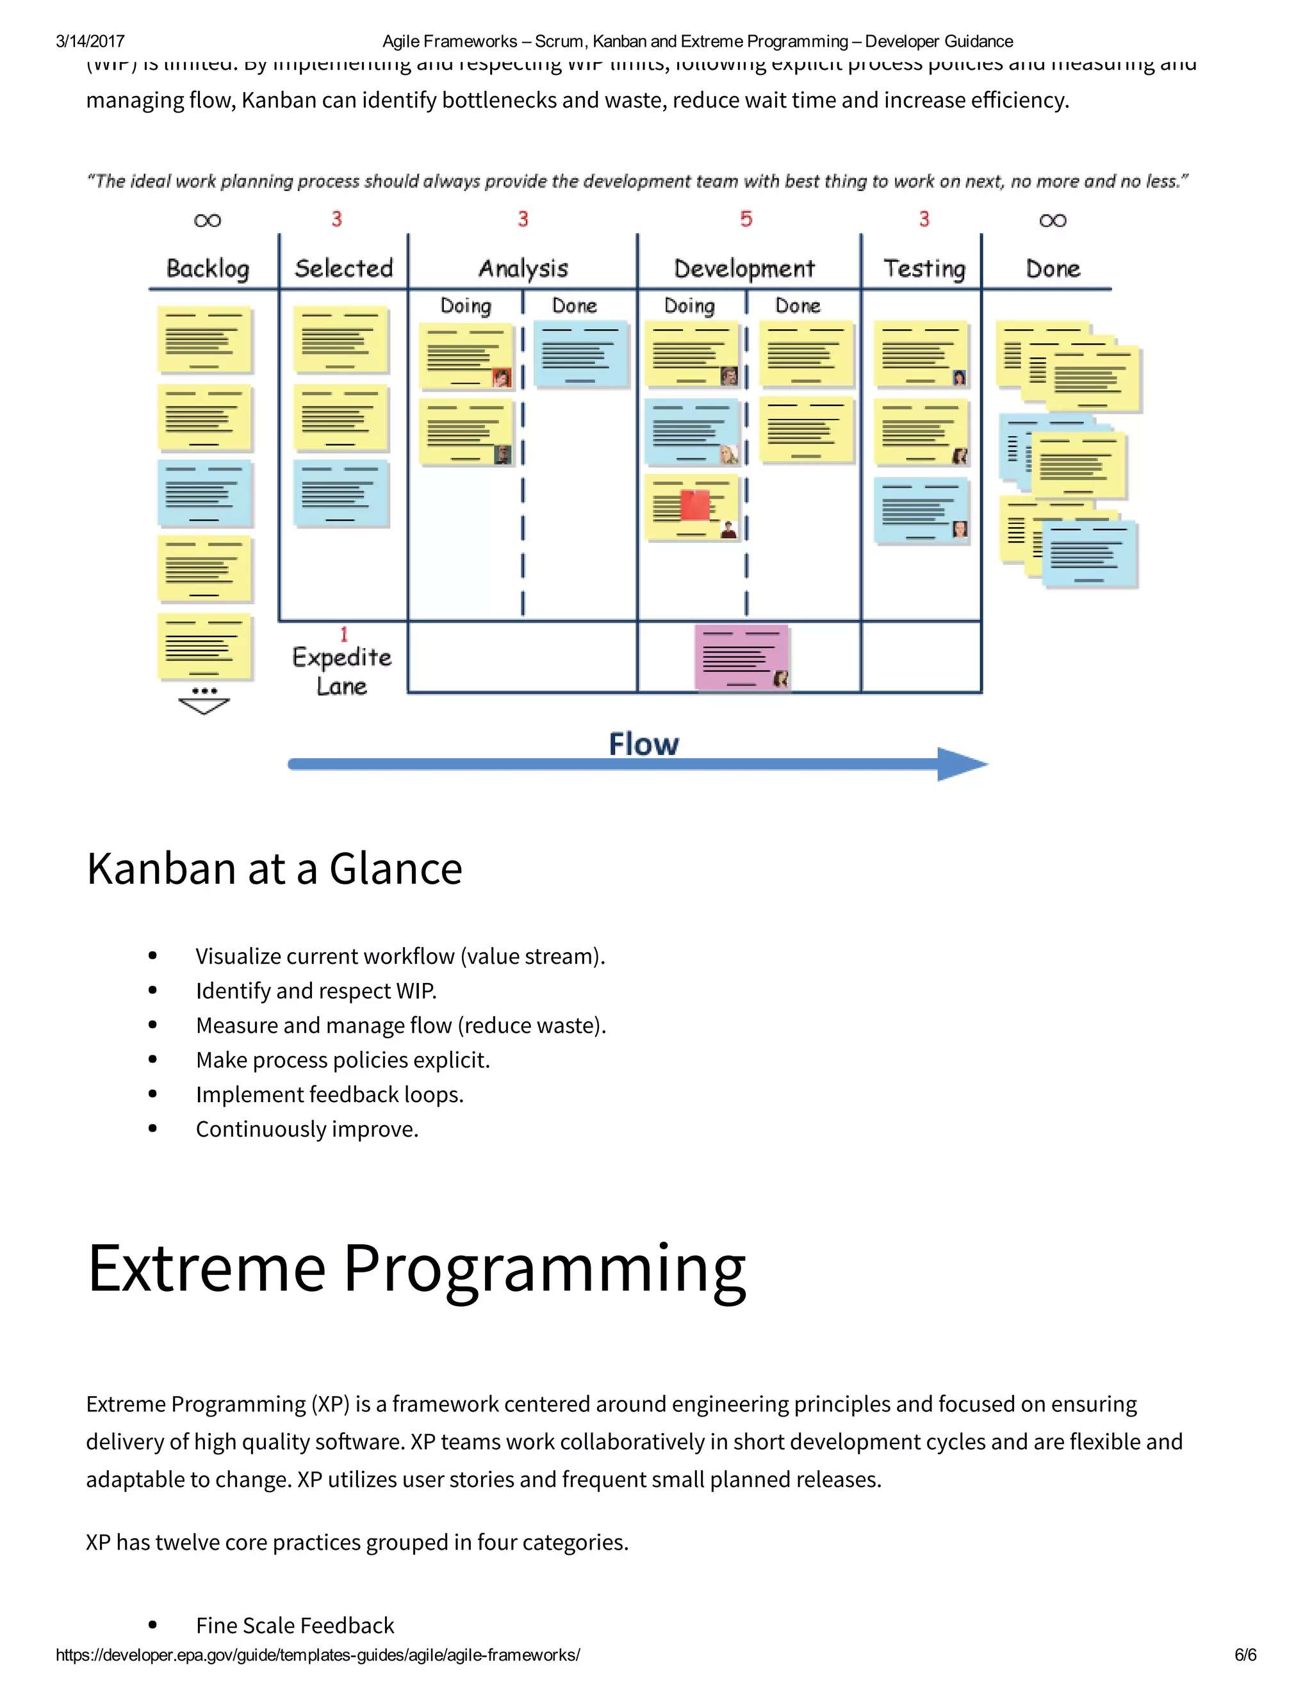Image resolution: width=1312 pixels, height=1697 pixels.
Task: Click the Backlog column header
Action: (208, 269)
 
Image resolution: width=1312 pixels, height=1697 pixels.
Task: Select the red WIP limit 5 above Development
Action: (746, 219)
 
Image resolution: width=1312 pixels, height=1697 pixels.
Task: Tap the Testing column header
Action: (924, 269)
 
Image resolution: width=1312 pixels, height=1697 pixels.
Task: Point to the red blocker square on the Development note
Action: (694, 505)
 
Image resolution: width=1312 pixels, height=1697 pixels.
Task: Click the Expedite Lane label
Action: (342, 671)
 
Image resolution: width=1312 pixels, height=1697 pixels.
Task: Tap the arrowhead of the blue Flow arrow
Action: (962, 764)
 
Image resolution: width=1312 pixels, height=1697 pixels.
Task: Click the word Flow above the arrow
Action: (644, 743)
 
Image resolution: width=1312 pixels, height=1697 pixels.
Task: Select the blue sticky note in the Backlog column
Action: (204, 493)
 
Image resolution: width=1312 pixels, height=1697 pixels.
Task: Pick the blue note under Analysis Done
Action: (580, 353)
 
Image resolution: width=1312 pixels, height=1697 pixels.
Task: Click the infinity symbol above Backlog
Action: (208, 221)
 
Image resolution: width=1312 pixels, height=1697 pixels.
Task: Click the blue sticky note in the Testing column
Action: (921, 510)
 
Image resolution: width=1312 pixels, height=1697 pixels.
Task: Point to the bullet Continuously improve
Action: (307, 1129)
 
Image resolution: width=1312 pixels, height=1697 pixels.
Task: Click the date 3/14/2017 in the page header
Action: (90, 41)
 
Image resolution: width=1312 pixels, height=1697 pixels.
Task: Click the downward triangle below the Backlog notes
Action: (204, 706)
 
